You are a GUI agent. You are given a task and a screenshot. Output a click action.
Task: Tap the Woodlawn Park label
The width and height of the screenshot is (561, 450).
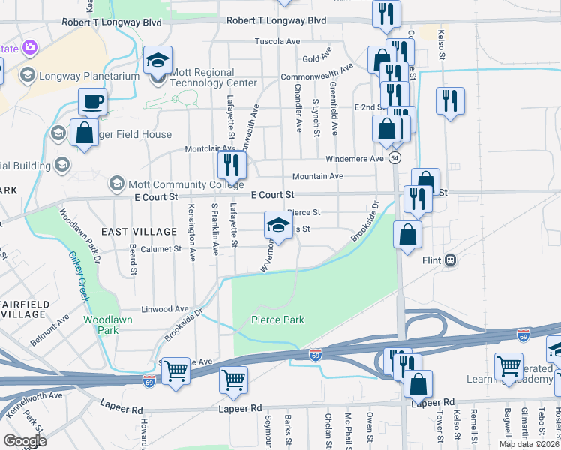101,324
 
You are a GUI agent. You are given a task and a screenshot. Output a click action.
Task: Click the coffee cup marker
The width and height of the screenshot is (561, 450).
92,102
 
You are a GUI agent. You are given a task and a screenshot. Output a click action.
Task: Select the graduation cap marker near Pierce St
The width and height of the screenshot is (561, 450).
278,225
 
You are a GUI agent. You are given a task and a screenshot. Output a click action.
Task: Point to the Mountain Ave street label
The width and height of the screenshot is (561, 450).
317,176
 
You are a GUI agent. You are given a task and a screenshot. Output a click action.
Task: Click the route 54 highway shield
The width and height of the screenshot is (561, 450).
394,158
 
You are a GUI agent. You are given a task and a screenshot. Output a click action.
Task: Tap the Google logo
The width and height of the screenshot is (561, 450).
25,440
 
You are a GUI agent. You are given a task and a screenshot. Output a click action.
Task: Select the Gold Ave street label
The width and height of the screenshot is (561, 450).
316,58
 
